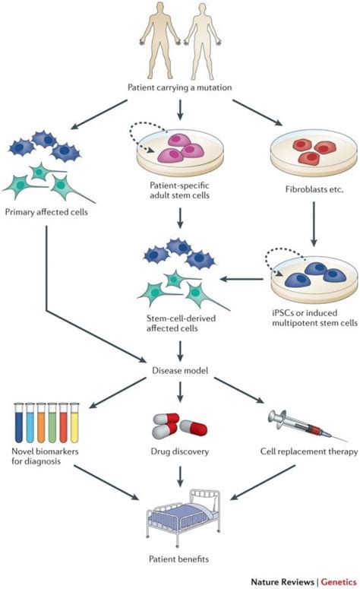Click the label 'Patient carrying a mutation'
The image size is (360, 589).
pos(180,87)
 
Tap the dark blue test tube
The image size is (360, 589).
pos(19,423)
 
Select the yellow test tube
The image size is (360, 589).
pos(74,423)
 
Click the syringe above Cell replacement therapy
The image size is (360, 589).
pos(307,426)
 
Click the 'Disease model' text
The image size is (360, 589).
pos(180,370)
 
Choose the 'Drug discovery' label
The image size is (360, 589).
pos(180,451)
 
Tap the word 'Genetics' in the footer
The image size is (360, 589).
pos(339,581)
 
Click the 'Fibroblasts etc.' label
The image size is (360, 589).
pos(314,189)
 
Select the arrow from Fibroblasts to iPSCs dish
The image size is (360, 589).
pos(314,224)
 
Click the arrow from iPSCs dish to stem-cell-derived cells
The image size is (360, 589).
pos(242,279)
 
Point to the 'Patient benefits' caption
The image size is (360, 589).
pos(178,559)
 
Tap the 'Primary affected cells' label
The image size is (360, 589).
pos(46,212)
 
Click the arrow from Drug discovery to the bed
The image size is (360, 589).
pos(180,476)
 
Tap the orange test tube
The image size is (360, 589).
pos(41,423)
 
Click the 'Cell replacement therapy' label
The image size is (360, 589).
pos(309,451)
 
